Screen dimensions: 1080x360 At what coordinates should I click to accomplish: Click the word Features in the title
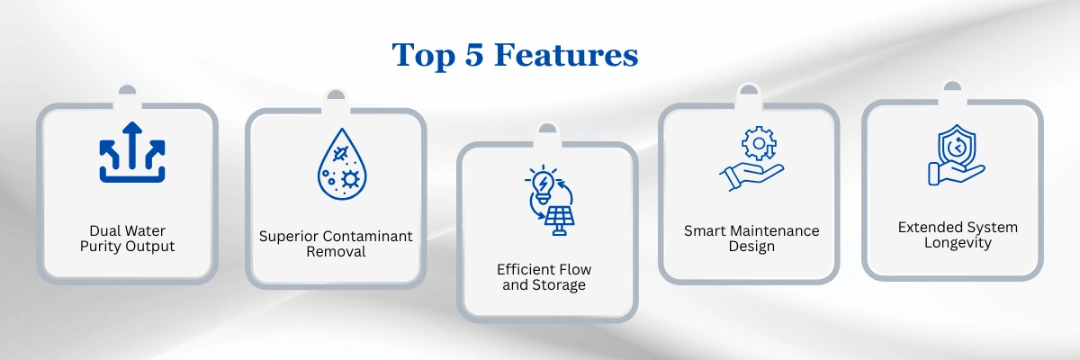click(x=566, y=55)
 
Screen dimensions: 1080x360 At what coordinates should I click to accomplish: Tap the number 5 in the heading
click(x=474, y=55)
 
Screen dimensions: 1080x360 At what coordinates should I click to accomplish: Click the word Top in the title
click(x=423, y=57)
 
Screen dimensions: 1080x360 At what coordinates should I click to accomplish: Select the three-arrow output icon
click(x=132, y=152)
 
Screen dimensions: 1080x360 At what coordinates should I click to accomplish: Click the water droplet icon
click(x=342, y=164)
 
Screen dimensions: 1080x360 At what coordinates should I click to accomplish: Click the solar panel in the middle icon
click(x=559, y=220)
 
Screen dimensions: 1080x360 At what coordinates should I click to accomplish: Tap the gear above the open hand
click(x=759, y=143)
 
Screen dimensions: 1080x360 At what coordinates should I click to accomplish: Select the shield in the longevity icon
click(x=957, y=146)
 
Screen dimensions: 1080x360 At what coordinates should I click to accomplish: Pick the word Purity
click(x=100, y=247)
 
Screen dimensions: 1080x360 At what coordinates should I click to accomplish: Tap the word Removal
click(x=336, y=252)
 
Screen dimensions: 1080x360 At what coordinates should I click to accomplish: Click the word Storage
click(x=558, y=285)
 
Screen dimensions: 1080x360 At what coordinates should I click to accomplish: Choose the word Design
click(x=751, y=247)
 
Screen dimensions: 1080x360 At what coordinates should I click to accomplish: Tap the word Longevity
click(x=958, y=243)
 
